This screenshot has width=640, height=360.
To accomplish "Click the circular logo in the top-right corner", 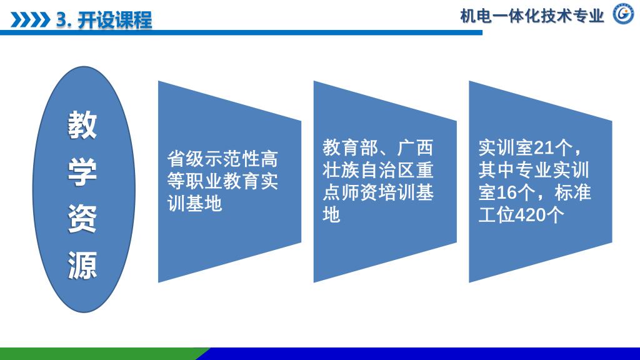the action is [x=623, y=14].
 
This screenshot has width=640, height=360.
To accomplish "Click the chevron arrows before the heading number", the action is [x=30, y=19].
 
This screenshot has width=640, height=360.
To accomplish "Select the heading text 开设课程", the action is [x=115, y=19].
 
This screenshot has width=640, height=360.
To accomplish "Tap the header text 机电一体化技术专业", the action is [x=532, y=16].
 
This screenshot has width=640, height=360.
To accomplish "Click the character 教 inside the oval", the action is [x=82, y=125].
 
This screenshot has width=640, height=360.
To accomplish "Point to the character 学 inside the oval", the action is [x=82, y=172].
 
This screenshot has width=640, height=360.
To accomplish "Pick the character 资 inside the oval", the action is [x=82, y=219].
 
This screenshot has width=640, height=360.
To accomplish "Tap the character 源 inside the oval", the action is [x=82, y=265].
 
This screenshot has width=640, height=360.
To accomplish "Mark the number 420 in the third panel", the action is [x=531, y=215].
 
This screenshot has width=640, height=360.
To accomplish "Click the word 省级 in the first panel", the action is [x=186, y=159].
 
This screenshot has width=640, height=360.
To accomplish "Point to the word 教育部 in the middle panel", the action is [x=350, y=147].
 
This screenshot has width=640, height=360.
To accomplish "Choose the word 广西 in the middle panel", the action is [x=415, y=147].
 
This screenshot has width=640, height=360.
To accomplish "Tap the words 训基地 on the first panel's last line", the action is [x=195, y=203].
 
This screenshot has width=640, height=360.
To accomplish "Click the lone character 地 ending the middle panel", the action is [x=331, y=215].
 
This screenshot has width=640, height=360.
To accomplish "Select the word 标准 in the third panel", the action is [x=572, y=192].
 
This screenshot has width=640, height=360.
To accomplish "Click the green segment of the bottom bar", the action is [x=102, y=354].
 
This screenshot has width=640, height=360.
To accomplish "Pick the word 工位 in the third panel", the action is [x=497, y=215].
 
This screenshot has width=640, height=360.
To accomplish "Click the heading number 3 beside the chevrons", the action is [x=62, y=20].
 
